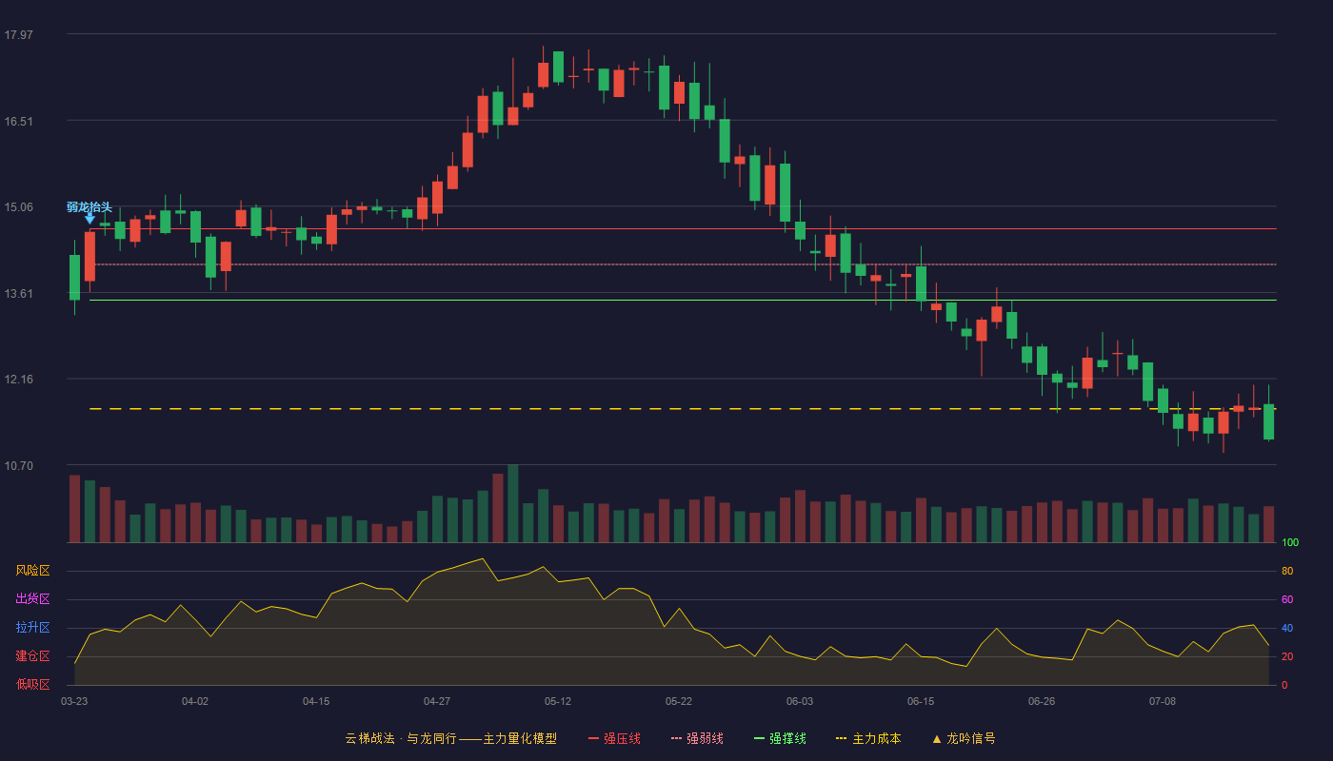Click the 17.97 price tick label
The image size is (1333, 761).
pyautogui.click(x=19, y=34)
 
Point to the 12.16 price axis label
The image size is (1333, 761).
pyautogui.click(x=19, y=380)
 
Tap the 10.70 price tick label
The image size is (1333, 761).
pyautogui.click(x=19, y=465)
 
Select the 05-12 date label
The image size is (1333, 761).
pyautogui.click(x=558, y=702)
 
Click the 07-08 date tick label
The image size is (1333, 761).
pyautogui.click(x=1163, y=702)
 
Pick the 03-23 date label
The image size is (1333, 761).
pyautogui.click(x=74, y=702)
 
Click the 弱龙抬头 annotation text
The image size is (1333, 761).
pyautogui.click(x=90, y=207)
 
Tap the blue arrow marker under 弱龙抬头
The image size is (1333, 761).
pyautogui.click(x=90, y=219)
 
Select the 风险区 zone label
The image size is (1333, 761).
pyautogui.click(x=32, y=571)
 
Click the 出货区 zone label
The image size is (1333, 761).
pyautogui.click(x=32, y=598)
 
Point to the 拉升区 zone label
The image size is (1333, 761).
pyautogui.click(x=32, y=627)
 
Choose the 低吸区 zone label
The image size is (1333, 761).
pyautogui.click(x=32, y=684)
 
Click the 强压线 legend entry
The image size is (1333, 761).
pyautogui.click(x=614, y=738)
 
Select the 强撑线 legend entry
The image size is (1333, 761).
pyautogui.click(x=780, y=738)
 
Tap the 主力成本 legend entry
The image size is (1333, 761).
pyautogui.click(x=868, y=738)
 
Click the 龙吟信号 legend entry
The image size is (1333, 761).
pyautogui.click(x=964, y=738)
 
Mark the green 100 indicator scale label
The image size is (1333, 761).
pyautogui.click(x=1290, y=542)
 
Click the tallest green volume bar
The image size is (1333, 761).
pyautogui.click(x=513, y=503)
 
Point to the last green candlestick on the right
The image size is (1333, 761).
pyautogui.click(x=1268, y=421)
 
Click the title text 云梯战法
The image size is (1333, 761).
pyautogui.click(x=370, y=738)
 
